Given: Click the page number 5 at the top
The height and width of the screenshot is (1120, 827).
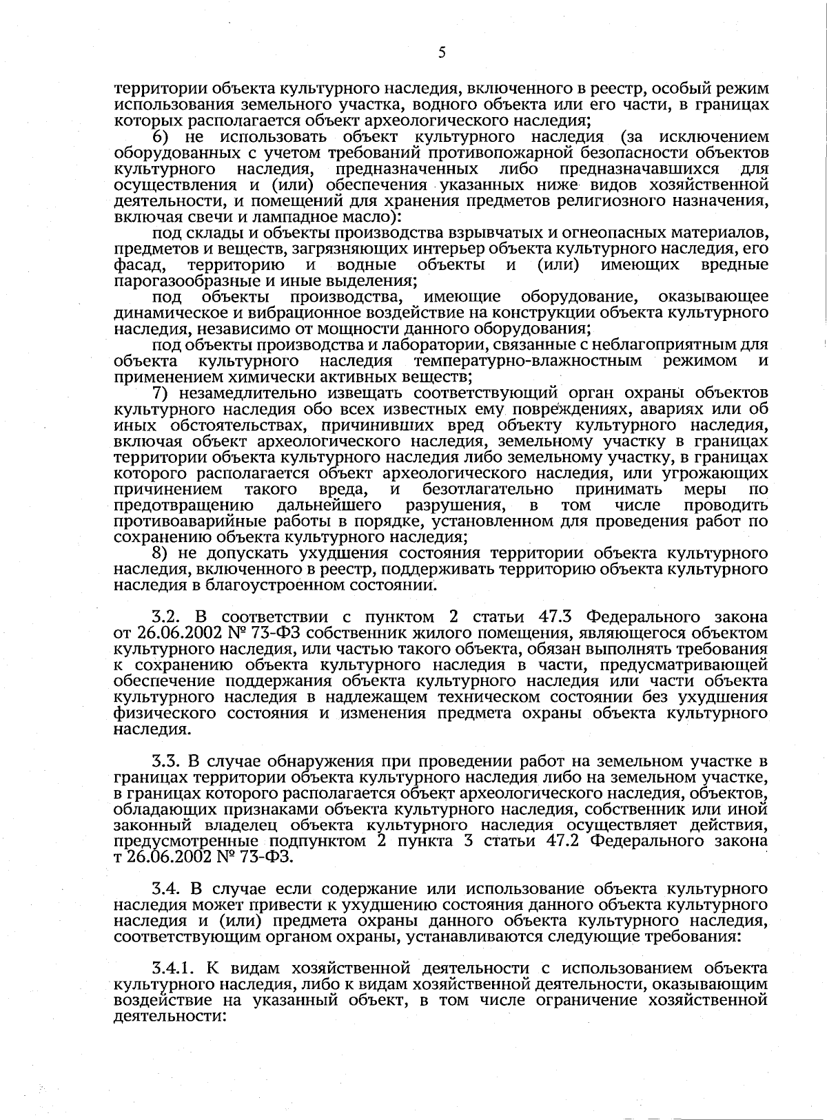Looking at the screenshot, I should point(442,53).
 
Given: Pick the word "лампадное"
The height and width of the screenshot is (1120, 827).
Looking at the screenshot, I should point(272,217).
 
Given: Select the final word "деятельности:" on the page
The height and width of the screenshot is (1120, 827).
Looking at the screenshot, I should point(169,1017).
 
